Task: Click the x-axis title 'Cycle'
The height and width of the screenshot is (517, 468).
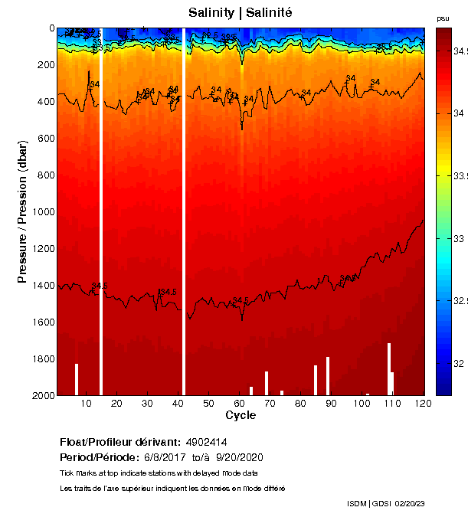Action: pyautogui.click(x=241, y=415)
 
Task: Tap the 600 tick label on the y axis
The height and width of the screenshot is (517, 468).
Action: pyautogui.click(x=44, y=138)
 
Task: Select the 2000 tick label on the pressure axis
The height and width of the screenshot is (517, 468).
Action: pyautogui.click(x=42, y=395)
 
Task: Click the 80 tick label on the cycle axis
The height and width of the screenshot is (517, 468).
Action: pyautogui.click(x=300, y=403)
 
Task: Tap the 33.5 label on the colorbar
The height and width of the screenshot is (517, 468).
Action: pyautogui.click(x=457, y=176)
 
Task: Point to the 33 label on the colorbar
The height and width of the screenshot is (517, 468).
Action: pyautogui.click(x=457, y=239)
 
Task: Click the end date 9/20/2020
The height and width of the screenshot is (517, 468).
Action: pyautogui.click(x=241, y=457)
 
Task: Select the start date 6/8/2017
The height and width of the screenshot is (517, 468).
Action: pyautogui.click(x=165, y=457)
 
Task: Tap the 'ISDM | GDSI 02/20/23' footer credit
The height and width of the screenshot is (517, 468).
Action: pyautogui.click(x=385, y=503)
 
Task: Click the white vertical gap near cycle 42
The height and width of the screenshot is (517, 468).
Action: pyautogui.click(x=184, y=211)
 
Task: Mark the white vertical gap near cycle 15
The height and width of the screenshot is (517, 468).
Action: pyautogui.click(x=101, y=211)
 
